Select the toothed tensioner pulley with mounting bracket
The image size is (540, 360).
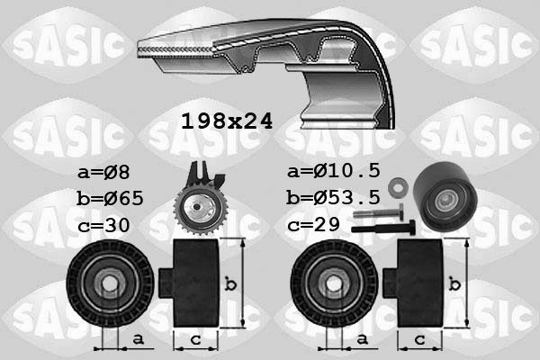click(199, 205)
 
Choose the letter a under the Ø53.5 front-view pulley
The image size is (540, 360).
click(362, 339)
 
